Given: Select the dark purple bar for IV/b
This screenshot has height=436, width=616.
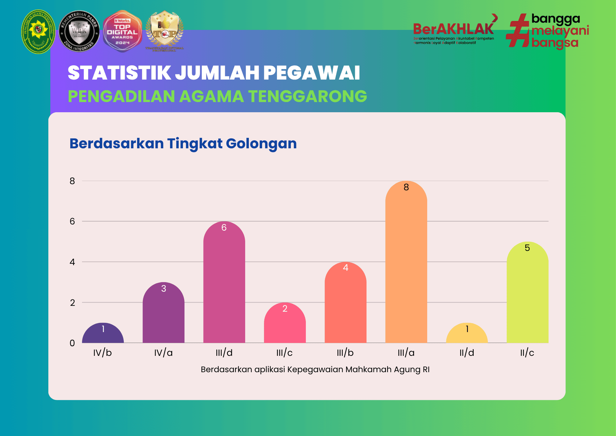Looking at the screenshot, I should point(103,335).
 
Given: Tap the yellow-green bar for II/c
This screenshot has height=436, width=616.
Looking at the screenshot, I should point(527,296).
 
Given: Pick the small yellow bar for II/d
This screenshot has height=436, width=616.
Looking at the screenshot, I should point(467,336).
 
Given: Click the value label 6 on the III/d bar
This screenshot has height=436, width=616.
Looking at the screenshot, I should point(224,228).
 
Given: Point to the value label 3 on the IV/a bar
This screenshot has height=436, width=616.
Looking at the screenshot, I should point(164,289).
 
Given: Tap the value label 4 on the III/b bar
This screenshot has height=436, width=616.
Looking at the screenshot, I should point(346,268).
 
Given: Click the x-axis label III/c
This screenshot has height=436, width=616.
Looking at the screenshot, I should point(284,353).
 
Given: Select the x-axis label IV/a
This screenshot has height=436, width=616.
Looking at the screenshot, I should point(163,353).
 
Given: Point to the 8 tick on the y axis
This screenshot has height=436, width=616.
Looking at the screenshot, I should point(72,181).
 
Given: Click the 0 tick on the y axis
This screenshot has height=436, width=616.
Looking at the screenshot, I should point(72,343).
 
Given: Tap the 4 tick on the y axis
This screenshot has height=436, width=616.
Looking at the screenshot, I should point(72,262).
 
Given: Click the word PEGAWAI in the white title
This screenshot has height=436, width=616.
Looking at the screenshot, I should point(311,73).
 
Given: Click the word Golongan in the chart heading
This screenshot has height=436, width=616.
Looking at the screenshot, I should point(261,144).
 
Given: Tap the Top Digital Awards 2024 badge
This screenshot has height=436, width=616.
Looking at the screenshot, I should point(122,31).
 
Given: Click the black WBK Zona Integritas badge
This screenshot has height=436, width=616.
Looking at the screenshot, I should point(79,31).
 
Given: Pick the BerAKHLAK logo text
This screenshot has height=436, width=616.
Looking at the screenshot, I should point(453,30).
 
